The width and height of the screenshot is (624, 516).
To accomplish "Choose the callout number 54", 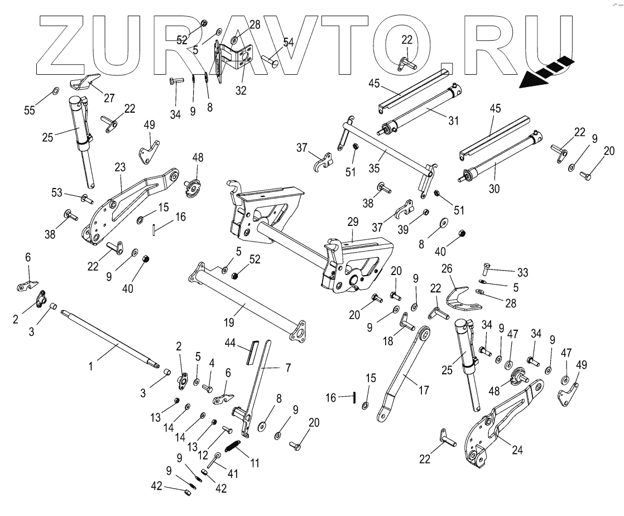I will (289, 43).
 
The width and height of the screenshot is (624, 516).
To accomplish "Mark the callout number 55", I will (30, 110).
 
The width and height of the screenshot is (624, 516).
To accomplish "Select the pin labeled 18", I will (406, 322).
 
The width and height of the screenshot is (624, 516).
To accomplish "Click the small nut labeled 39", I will (426, 213).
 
